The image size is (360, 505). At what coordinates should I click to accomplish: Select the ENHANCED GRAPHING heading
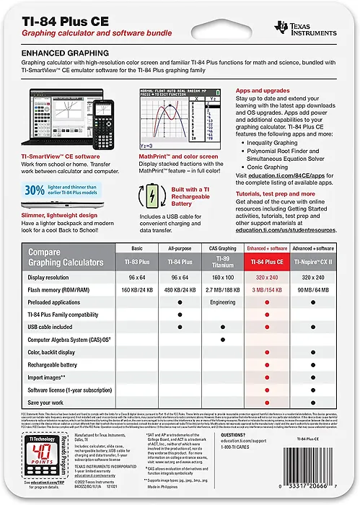click(66, 53)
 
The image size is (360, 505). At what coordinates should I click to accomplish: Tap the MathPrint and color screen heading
click(176, 155)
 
